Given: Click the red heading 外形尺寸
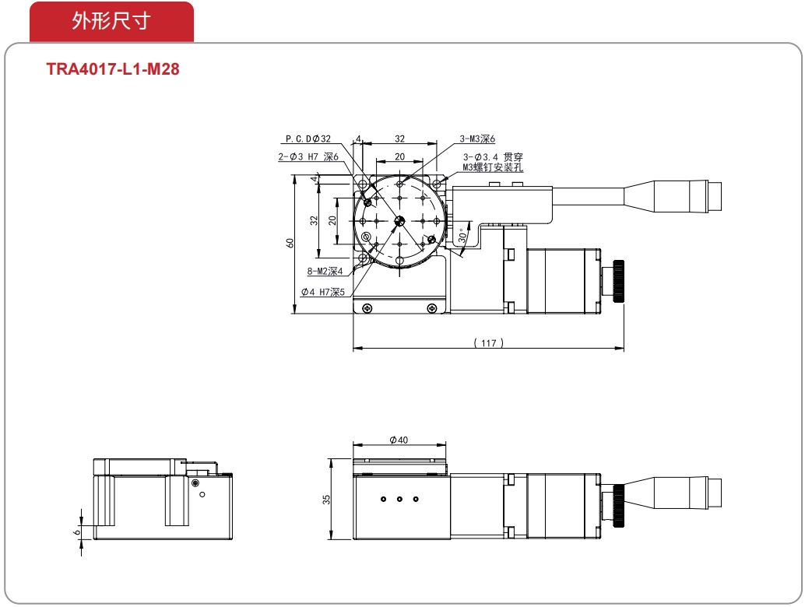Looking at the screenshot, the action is [111, 21].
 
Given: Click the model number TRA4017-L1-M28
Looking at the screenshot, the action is [113, 68].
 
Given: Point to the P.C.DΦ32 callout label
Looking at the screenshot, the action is [308, 139].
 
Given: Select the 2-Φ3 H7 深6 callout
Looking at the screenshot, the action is [308, 157].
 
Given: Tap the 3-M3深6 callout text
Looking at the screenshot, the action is [477, 139].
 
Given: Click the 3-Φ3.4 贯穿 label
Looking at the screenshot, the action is [493, 157].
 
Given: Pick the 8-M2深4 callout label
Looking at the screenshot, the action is [325, 271].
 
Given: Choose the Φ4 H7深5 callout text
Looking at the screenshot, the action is [323, 292].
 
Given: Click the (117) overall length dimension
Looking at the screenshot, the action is [488, 342].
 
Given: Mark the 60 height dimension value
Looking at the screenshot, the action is [290, 243].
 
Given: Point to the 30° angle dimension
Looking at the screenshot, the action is [463, 236].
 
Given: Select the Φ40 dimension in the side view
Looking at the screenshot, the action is [399, 440].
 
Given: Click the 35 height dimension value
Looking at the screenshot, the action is [326, 500].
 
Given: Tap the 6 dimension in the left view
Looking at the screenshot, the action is [77, 532].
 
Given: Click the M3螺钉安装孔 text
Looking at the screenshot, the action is [493, 167].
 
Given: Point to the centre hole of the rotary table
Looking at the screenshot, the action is [400, 221].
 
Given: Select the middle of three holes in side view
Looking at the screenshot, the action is [399, 499].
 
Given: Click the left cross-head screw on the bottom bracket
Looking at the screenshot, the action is [367, 308].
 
